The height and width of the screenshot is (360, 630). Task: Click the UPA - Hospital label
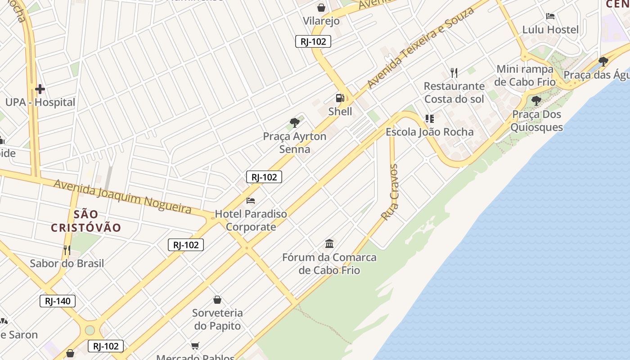point(40,102)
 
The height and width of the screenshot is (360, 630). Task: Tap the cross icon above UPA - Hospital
point(40,89)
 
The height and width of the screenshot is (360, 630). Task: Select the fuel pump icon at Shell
point(340,98)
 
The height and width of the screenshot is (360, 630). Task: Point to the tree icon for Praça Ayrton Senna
point(295,122)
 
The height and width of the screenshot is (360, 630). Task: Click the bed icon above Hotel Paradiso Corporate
point(251,200)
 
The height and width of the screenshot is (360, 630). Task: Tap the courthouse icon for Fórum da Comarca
point(329,244)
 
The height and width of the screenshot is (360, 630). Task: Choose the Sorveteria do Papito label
point(217,319)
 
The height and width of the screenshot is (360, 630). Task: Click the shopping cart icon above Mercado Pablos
point(195,346)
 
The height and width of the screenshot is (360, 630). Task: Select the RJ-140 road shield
point(58,301)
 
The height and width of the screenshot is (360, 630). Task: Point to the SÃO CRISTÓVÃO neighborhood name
point(86,221)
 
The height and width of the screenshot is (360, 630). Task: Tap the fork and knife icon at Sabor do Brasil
point(67,250)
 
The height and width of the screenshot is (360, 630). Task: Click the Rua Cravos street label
point(390,192)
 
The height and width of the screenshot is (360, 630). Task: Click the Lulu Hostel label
point(550,30)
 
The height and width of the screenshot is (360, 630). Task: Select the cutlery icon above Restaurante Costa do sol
point(454,72)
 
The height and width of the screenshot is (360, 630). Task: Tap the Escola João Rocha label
point(430,132)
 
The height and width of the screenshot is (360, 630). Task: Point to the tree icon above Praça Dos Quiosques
point(536,100)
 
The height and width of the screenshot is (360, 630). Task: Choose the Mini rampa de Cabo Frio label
point(525,76)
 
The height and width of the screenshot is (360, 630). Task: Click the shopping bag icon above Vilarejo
point(321,8)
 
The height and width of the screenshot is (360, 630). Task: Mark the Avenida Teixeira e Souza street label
point(420,47)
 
